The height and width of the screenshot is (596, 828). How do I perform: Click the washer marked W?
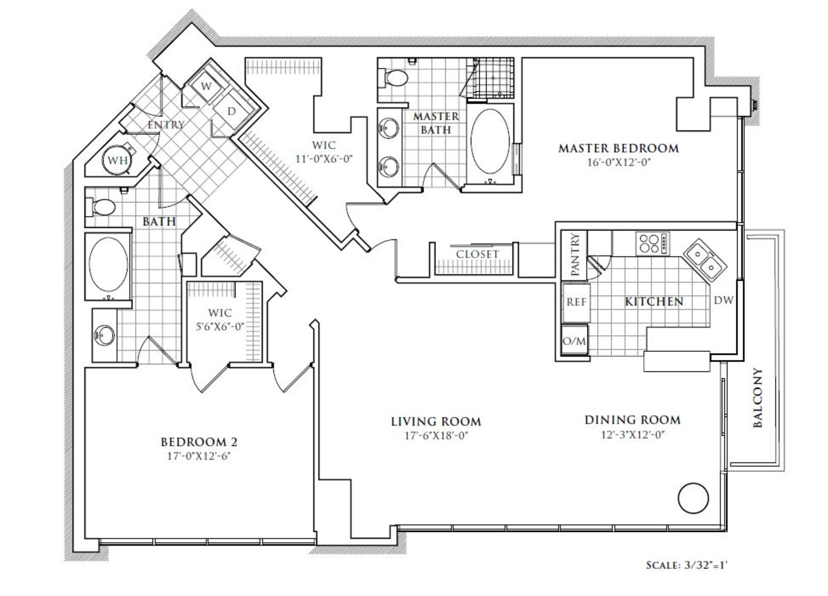tap(207, 86)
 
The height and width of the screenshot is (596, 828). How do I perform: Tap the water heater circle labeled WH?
tap(117, 160)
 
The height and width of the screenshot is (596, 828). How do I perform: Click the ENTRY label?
tap(166, 125)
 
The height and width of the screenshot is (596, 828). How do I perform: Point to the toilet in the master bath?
tap(393, 78)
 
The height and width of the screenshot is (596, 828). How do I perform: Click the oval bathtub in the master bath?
tap(490, 141)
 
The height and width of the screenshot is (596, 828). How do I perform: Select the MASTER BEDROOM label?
tap(618, 148)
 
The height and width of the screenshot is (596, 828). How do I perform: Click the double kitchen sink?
tap(705, 260)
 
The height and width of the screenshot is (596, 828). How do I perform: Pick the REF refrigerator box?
tap(576, 302)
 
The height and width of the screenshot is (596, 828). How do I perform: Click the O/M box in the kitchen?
tap(574, 341)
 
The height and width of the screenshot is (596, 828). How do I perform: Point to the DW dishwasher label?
tap(723, 300)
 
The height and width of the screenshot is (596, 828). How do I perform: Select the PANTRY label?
tap(575, 254)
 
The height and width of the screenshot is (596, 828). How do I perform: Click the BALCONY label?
tap(758, 398)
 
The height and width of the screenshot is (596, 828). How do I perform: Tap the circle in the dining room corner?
tap(693, 498)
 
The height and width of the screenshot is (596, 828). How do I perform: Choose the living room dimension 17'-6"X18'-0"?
tap(436, 436)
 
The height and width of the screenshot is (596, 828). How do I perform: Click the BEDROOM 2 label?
tap(199, 442)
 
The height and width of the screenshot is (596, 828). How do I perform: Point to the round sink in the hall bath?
tap(104, 336)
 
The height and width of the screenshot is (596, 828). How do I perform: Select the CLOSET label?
tap(477, 255)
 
